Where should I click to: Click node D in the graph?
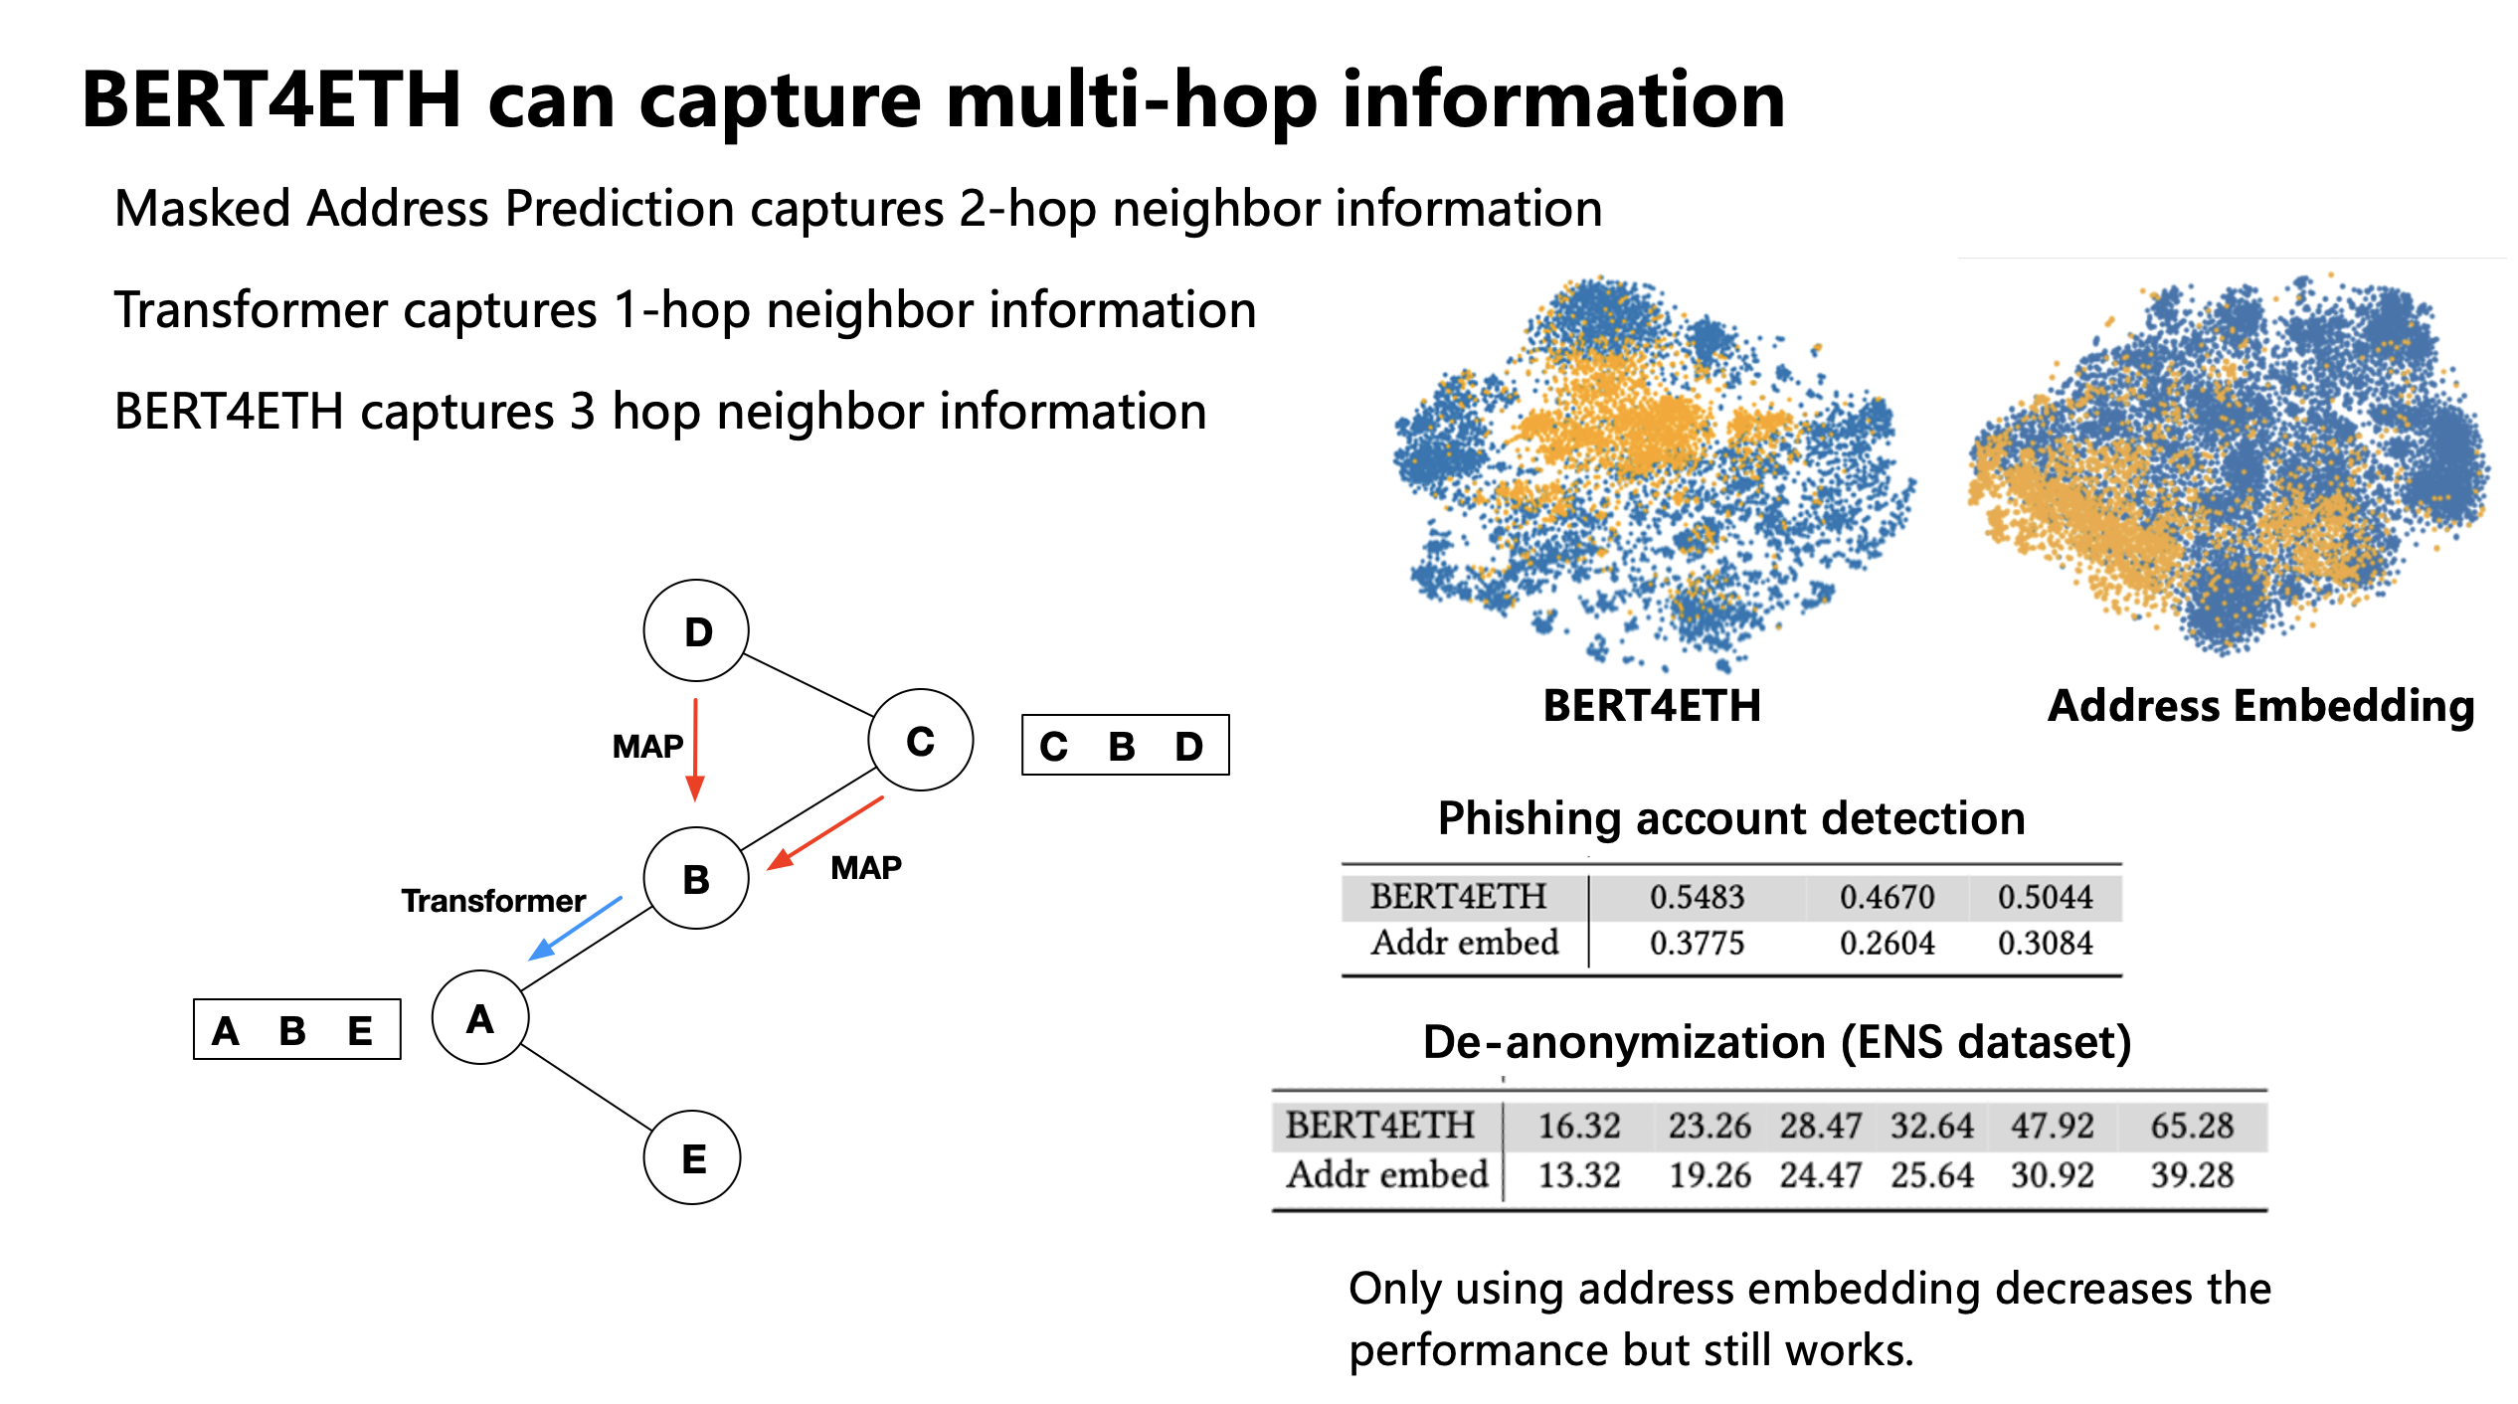(x=696, y=630)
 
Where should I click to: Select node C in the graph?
(x=920, y=740)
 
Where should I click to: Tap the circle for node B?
(x=696, y=878)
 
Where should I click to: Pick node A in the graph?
(x=480, y=1017)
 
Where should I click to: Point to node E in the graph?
(x=693, y=1157)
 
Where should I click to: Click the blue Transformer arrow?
(x=575, y=929)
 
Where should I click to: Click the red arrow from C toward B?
(x=824, y=833)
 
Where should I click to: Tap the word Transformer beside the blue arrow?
(x=492, y=901)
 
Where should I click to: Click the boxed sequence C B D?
(x=1125, y=745)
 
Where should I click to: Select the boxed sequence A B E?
(x=296, y=1029)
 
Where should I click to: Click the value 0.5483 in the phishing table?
(x=1697, y=897)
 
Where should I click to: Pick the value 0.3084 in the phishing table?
(x=2045, y=943)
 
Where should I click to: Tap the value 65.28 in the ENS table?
(x=2192, y=1126)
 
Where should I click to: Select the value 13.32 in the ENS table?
(x=1579, y=1175)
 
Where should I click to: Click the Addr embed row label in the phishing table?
(x=1464, y=943)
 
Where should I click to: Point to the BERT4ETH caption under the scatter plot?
(x=1652, y=705)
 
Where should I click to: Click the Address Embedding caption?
(x=2260, y=705)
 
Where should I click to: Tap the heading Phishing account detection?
(x=1731, y=818)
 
